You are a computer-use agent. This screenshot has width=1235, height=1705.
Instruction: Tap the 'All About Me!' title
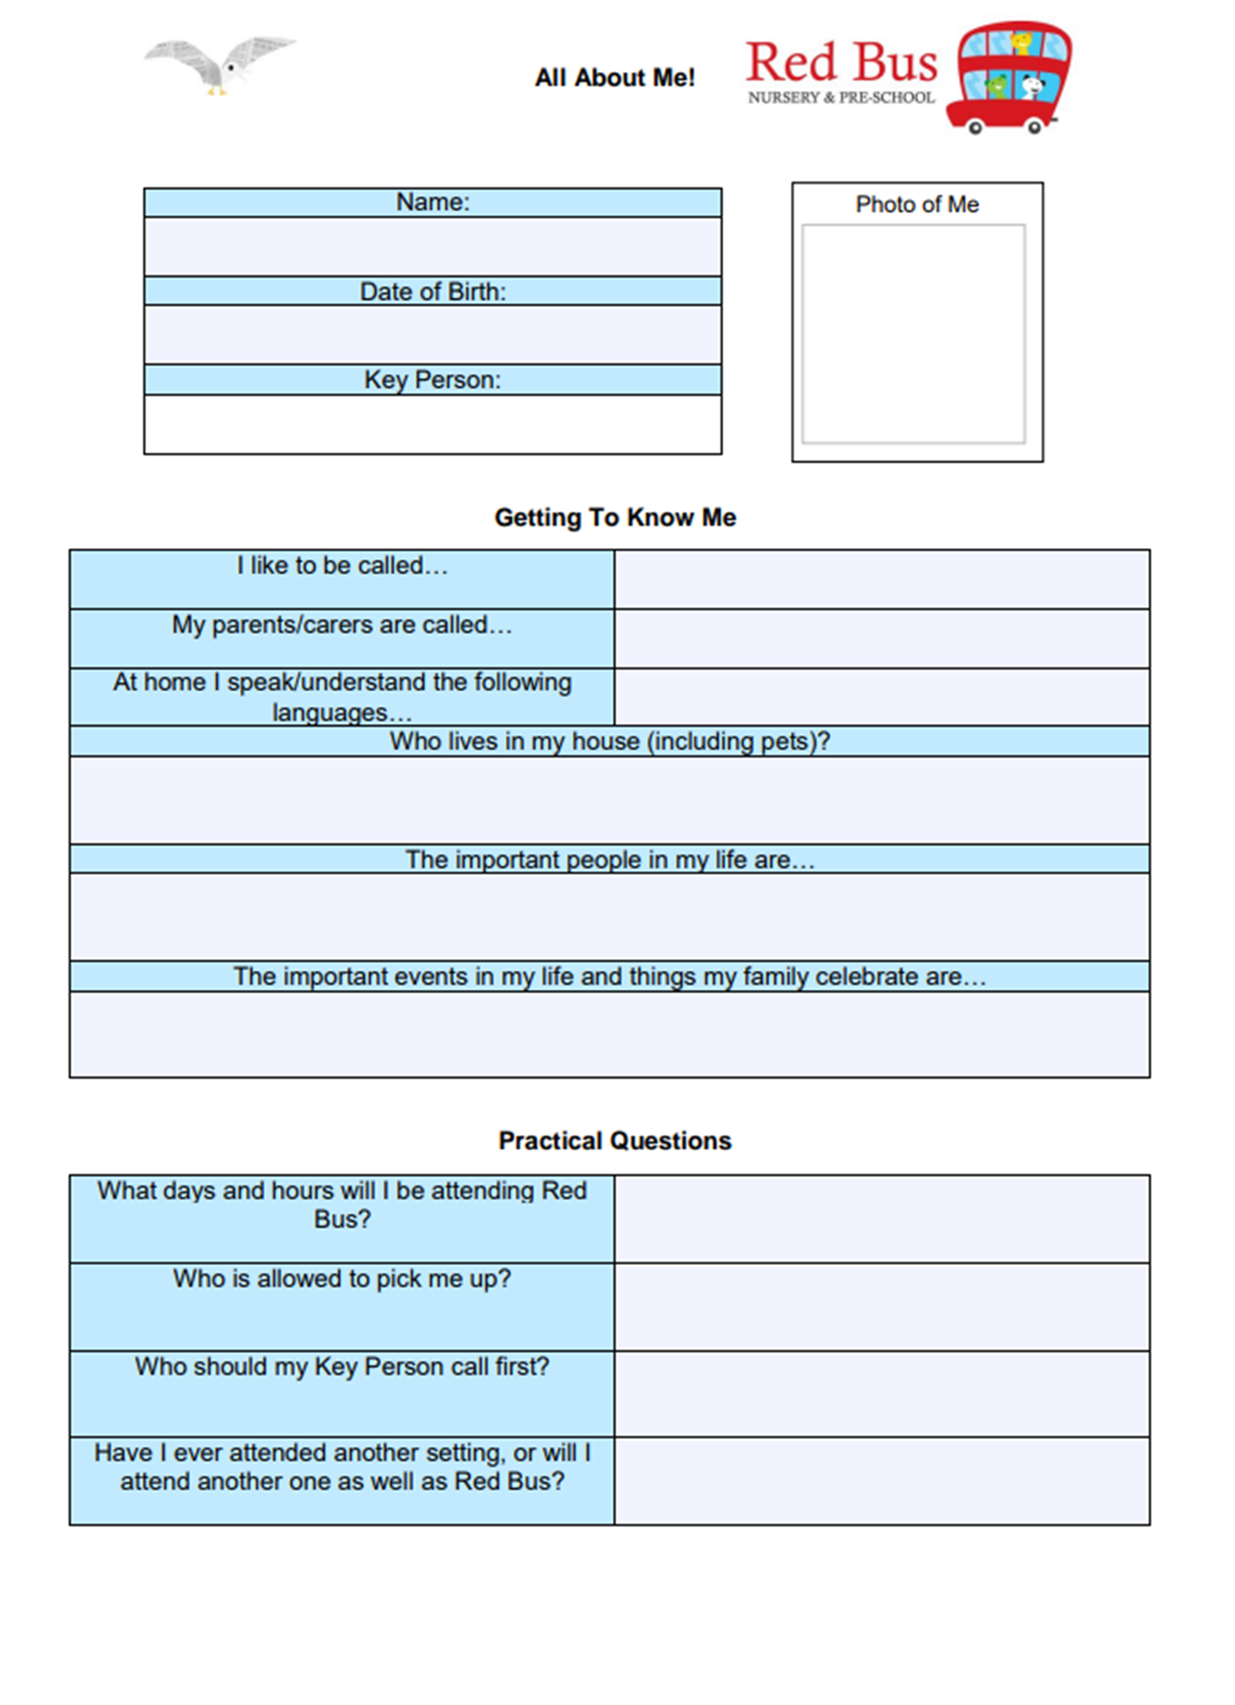point(614,78)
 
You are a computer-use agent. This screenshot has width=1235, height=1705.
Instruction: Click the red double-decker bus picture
point(1009,78)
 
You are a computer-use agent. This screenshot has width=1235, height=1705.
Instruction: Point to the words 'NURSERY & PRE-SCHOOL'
point(840,98)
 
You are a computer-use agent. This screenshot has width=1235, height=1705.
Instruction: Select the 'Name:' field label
point(432,202)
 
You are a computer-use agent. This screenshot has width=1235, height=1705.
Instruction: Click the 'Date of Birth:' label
point(432,292)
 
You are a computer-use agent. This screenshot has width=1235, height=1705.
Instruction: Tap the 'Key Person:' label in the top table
point(432,380)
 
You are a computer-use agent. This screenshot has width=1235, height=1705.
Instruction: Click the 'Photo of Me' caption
point(917,205)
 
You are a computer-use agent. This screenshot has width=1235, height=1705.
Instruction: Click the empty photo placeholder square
point(913,334)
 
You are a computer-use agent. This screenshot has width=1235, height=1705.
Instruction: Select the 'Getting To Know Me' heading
point(615,517)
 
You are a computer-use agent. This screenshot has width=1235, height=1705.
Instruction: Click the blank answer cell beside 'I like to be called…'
point(882,580)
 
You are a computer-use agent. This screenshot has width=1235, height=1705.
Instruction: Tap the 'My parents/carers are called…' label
point(341,625)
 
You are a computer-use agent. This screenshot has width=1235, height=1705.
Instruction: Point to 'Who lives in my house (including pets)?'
point(610,741)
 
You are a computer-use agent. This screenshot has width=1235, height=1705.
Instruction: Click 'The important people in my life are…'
point(610,859)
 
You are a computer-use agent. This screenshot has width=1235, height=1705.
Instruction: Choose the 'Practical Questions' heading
point(615,1141)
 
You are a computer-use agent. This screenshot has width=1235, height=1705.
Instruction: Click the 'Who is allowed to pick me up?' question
point(341,1279)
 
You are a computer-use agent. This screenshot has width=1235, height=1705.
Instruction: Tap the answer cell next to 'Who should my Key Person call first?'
point(882,1394)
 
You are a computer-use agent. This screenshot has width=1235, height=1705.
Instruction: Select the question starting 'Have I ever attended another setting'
point(341,1467)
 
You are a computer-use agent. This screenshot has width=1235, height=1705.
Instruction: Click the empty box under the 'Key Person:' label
point(432,425)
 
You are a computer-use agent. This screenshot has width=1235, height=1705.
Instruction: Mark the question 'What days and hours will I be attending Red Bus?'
point(341,1204)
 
